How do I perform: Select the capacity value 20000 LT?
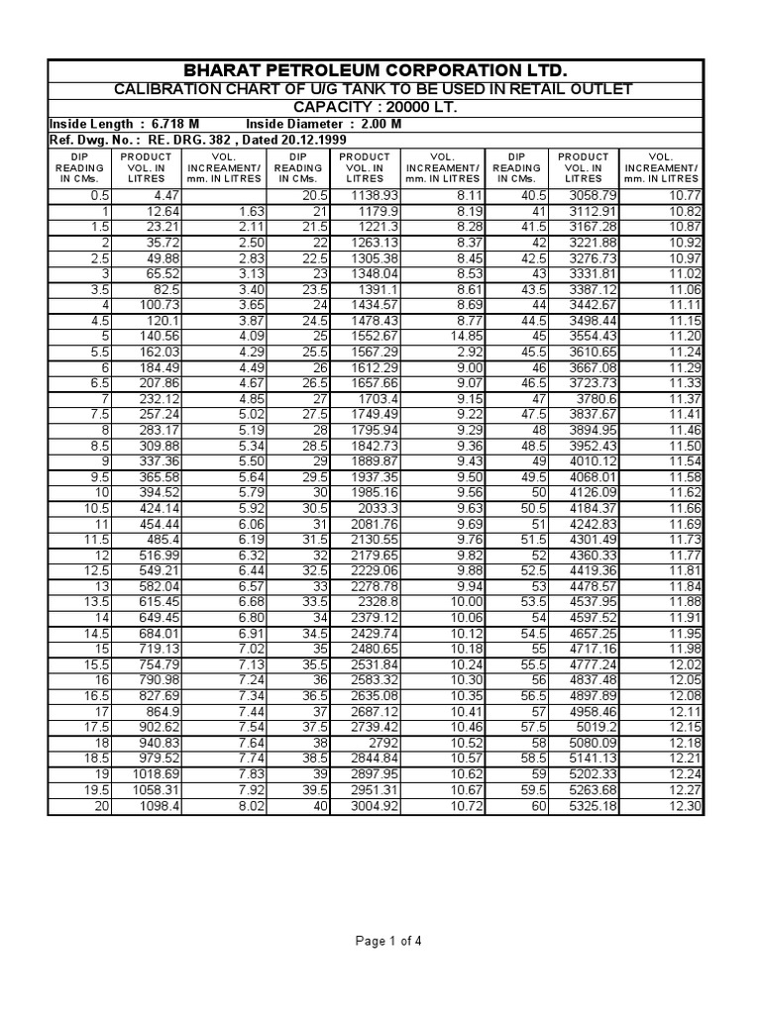pos(408,107)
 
